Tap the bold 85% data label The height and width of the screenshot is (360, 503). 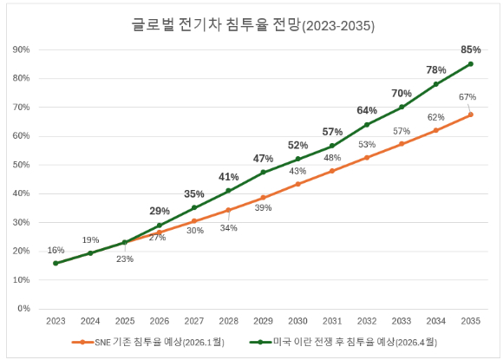[x=471, y=49]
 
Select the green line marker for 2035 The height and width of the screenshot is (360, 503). [x=471, y=63]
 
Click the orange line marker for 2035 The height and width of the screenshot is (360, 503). [x=471, y=115]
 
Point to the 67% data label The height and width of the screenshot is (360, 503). [x=467, y=96]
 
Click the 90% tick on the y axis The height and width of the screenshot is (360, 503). [x=22, y=49]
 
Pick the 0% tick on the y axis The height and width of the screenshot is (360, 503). [x=24, y=309]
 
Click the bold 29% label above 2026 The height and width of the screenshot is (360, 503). [x=160, y=211]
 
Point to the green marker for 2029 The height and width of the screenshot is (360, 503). [x=263, y=173]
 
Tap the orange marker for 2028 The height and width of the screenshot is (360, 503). [x=228, y=210]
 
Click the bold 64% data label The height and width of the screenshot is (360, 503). [x=367, y=110]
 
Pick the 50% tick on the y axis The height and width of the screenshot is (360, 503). [x=22, y=165]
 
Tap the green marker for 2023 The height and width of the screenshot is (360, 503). [x=56, y=263]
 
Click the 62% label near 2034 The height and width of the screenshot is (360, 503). [x=436, y=116]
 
